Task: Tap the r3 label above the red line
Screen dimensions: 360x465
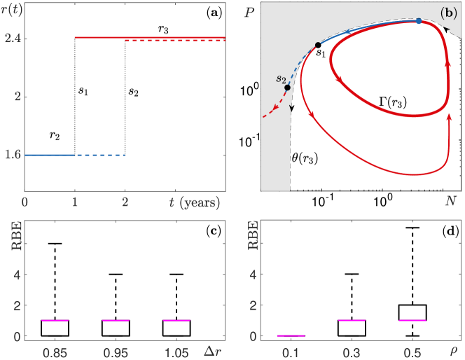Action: click(163, 28)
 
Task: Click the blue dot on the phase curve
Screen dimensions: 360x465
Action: click(419, 21)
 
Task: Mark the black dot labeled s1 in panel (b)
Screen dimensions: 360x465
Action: click(318, 46)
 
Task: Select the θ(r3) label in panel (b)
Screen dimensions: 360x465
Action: click(305, 158)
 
